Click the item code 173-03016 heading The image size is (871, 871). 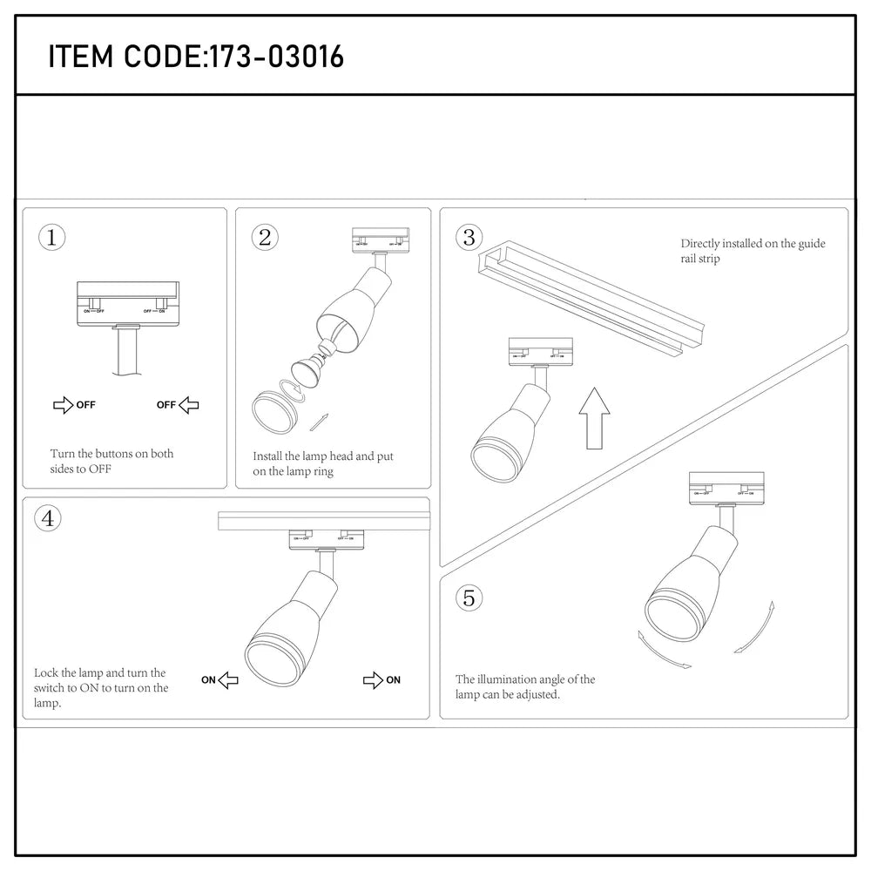196,57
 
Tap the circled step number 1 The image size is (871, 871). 52,237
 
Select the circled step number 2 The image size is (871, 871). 265,237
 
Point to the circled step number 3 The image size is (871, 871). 469,237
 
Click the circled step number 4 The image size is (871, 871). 49,519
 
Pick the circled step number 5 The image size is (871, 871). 469,598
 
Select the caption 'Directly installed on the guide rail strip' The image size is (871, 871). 753,252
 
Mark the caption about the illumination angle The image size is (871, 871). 525,687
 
